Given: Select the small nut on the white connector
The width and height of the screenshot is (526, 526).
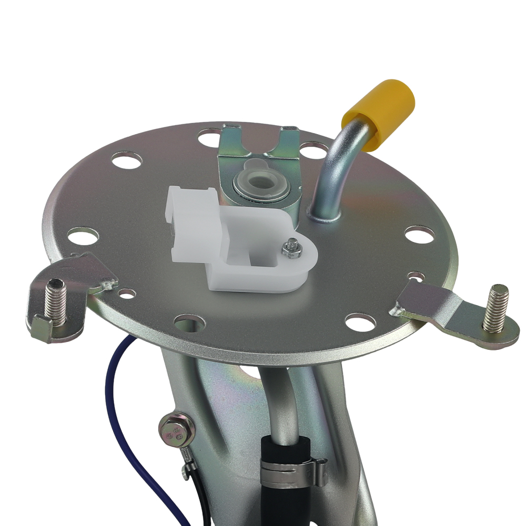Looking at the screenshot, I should pos(290,246).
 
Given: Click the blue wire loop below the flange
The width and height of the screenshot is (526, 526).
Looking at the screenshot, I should pos(113,400).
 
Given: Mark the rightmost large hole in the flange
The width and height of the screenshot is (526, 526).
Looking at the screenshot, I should pos(419,234).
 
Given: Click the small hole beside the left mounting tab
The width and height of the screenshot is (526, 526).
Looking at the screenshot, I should pos(127,294).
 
